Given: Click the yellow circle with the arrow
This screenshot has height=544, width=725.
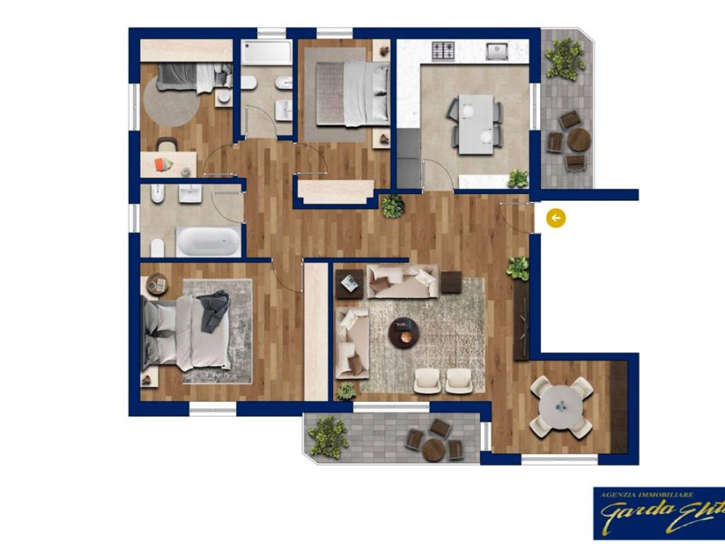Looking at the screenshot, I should point(556,218).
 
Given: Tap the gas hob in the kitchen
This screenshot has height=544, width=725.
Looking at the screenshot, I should point(443,51).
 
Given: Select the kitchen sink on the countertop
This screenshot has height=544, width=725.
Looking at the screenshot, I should point(498,51).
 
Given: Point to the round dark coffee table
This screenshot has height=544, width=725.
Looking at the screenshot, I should point(404,331).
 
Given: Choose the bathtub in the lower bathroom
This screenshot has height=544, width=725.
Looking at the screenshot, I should point(207,242).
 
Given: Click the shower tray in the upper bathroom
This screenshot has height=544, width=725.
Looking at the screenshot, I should point(266,53).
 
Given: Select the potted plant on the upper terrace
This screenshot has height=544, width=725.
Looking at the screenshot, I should point(565,58).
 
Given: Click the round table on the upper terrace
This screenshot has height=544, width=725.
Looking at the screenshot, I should point(578,140).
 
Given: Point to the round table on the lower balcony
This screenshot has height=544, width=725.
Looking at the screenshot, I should point(433,449).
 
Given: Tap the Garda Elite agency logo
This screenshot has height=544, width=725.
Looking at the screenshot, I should point(658,513).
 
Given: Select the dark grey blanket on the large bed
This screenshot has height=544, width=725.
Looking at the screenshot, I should point(214,311).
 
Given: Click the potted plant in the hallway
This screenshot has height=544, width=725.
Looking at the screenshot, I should point(393,206).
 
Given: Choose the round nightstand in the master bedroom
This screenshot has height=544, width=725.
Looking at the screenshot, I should point(157,284).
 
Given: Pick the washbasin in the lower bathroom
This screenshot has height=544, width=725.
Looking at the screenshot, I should point(190,193).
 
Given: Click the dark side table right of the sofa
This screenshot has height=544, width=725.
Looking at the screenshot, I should point(451,282).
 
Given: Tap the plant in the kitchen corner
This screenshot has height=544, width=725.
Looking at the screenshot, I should point(518,178).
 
